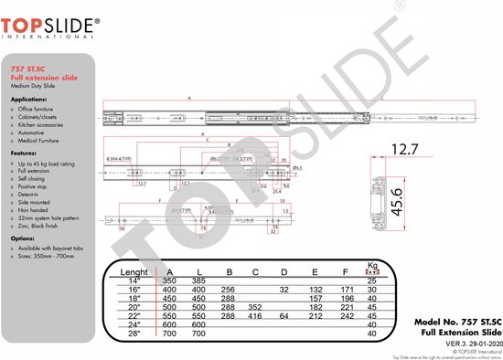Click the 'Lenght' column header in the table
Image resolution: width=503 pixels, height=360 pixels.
click(x=134, y=270)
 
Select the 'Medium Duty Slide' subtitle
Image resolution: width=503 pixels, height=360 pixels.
click(x=33, y=86)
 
